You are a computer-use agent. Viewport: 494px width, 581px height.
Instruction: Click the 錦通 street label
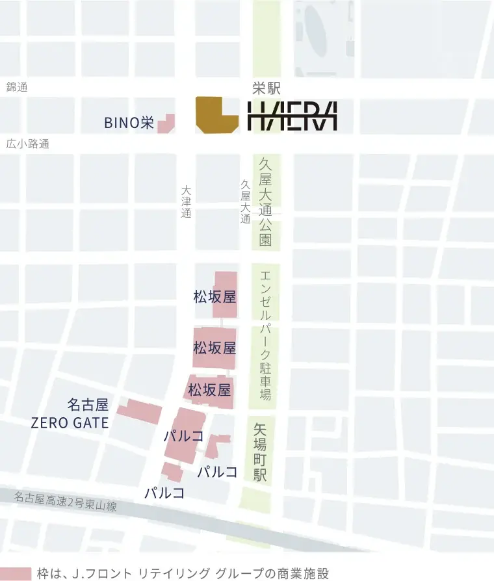17,87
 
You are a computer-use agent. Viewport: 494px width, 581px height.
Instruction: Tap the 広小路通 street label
27,144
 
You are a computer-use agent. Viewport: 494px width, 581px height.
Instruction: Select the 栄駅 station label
266,89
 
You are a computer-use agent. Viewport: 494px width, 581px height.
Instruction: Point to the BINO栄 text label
129,123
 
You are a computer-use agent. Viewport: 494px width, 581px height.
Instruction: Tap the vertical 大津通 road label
187,202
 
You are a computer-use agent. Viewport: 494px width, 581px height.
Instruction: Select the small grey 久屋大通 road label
245,202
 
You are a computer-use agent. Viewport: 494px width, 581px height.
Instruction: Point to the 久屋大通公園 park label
265,201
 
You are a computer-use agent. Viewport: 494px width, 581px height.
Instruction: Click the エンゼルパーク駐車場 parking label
265,334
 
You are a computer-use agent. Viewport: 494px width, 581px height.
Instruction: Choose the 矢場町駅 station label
261,452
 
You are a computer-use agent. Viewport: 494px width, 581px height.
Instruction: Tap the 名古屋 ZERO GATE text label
70,414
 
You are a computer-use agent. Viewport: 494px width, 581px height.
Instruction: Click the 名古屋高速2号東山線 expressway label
65,502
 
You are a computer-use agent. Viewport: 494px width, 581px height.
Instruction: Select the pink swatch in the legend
16,574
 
